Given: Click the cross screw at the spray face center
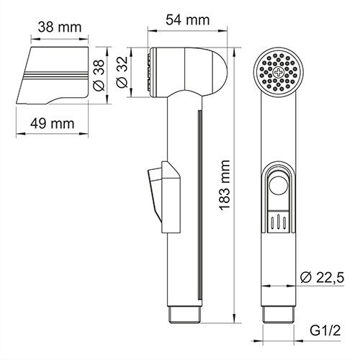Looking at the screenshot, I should pyautogui.click(x=276, y=72).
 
